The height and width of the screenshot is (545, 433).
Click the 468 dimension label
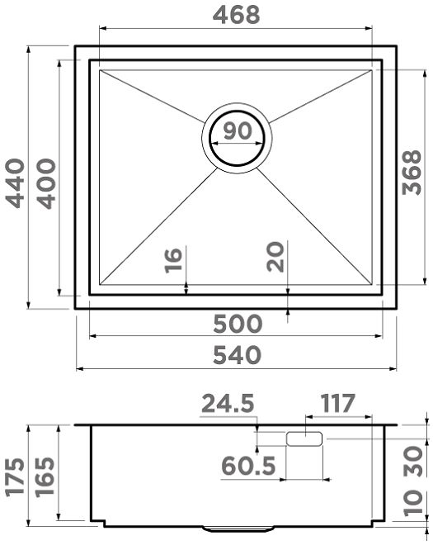point(236,15)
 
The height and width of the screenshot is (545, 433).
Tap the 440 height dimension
point(16,183)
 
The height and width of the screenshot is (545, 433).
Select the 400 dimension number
point(46,183)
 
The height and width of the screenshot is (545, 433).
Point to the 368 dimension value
point(412,173)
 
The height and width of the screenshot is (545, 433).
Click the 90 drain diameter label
point(238,130)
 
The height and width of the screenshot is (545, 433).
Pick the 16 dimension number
point(173,260)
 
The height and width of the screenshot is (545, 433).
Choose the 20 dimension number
point(275,257)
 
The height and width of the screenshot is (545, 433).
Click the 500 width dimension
point(238,324)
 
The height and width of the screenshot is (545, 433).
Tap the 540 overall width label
point(237,355)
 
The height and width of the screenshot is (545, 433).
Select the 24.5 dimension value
point(228,403)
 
